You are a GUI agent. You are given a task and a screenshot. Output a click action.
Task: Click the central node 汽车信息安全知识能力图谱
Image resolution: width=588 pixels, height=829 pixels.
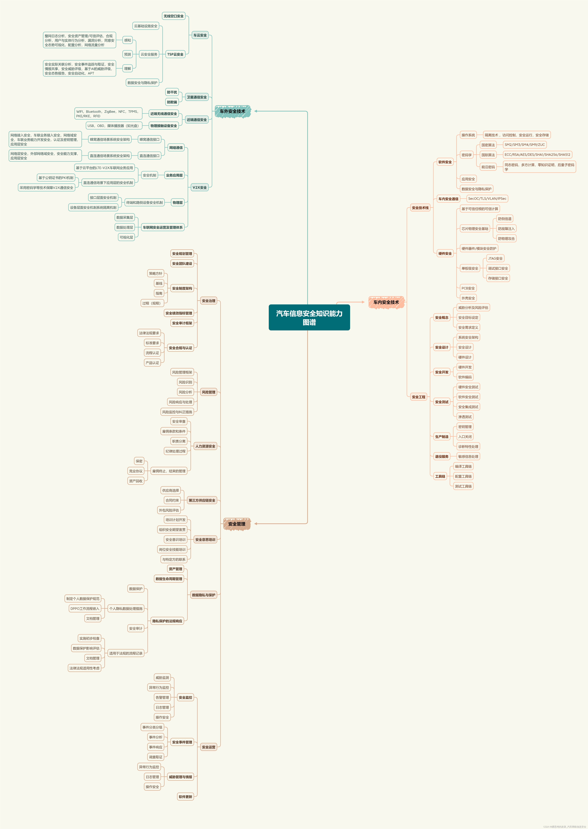tap(309, 317)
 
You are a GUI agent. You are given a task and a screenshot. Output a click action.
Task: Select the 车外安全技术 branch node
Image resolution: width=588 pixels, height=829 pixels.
tap(232, 111)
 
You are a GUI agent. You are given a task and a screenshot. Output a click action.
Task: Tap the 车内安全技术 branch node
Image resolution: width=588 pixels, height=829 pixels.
tap(386, 302)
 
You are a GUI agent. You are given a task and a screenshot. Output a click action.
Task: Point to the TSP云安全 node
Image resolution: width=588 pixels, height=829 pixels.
tap(175, 54)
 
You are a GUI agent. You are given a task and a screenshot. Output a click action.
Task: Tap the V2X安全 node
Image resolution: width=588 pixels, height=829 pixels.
tap(199, 187)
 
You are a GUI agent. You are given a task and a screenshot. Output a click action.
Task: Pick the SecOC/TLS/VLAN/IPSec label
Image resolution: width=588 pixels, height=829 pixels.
tap(487, 199)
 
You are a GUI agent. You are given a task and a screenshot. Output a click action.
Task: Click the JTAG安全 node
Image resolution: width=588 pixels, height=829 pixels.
tap(495, 258)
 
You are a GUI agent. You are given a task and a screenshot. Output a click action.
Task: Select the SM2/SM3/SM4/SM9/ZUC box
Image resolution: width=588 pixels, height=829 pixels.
tap(524, 145)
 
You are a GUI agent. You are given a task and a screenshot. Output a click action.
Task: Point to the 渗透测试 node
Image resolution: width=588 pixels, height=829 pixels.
tap(465, 417)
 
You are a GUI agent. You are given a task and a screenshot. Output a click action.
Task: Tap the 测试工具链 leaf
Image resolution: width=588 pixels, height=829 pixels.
tap(463, 486)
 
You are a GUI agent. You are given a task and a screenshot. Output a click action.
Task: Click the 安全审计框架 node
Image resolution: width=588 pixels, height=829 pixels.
tap(182, 323)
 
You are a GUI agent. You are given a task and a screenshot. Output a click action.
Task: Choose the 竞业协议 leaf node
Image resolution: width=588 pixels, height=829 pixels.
tap(136, 471)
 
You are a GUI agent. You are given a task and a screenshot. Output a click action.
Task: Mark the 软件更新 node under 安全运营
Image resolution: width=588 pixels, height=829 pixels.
tap(185, 797)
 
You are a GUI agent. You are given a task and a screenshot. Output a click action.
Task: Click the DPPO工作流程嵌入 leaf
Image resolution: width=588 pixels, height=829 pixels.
tap(85, 609)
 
